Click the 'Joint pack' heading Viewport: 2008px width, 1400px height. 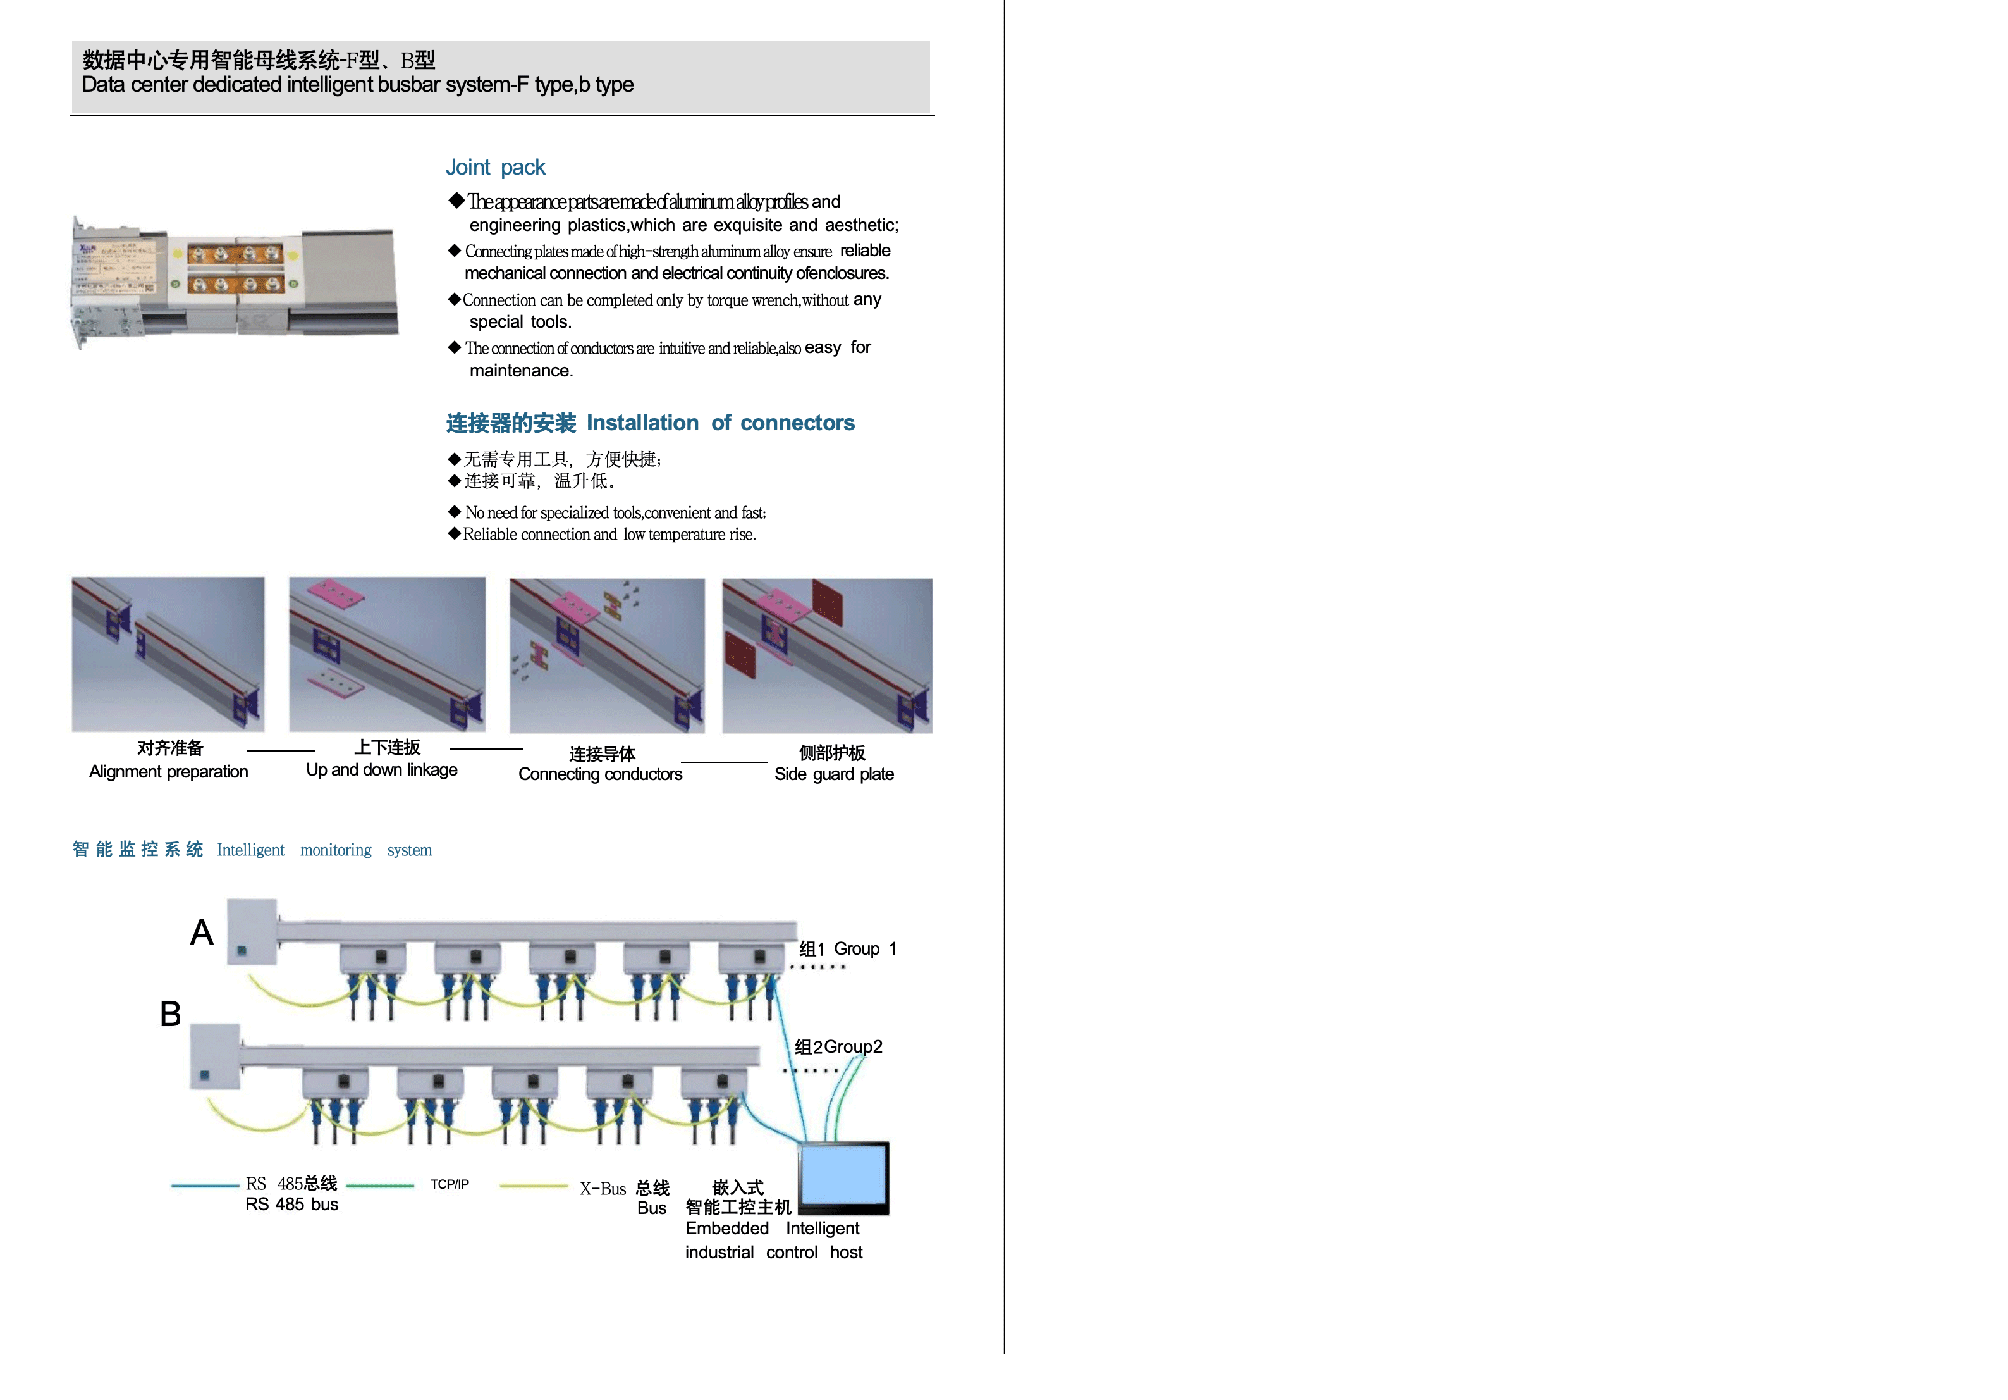click(x=495, y=167)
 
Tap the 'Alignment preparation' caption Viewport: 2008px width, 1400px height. click(x=169, y=771)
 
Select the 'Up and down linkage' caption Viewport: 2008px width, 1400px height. click(x=381, y=769)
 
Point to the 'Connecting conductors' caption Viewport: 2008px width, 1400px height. click(x=600, y=774)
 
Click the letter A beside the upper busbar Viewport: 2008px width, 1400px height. click(x=202, y=932)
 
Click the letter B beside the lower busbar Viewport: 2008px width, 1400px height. click(x=171, y=1013)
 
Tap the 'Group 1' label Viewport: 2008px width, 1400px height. click(x=865, y=948)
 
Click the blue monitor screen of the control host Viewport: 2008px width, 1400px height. click(x=843, y=1175)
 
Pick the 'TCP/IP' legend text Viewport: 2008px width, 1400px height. click(x=450, y=1184)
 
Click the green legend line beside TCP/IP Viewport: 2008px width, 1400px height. click(x=381, y=1186)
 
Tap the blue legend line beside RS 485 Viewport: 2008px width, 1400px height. click(x=205, y=1186)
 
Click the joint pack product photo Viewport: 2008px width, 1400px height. click(x=235, y=282)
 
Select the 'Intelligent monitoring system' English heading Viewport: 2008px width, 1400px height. click(x=324, y=850)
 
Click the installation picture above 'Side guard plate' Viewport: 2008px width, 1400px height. click(x=828, y=655)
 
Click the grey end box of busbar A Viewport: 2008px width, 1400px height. click(x=252, y=931)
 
